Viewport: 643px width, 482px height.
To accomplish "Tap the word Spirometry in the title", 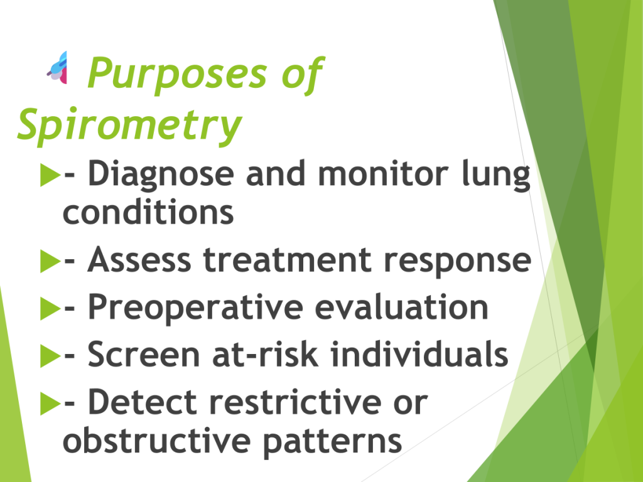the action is (x=129, y=125).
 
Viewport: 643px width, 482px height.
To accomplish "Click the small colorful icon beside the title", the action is (x=57, y=68).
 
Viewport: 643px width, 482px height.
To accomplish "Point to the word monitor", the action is (x=383, y=174).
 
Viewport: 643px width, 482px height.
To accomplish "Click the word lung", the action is (x=496, y=175).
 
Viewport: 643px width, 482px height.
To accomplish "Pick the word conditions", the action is (x=148, y=212).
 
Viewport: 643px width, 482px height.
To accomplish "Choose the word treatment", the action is (x=288, y=260).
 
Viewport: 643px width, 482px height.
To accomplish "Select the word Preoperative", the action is (x=196, y=308).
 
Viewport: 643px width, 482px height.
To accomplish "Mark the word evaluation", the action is (x=402, y=307).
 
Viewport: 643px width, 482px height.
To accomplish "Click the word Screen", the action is (x=144, y=354).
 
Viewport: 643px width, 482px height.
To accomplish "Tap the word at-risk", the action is (x=265, y=354).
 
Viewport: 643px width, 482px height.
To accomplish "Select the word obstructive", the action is (x=156, y=440).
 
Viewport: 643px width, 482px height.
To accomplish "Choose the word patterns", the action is (x=333, y=442).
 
